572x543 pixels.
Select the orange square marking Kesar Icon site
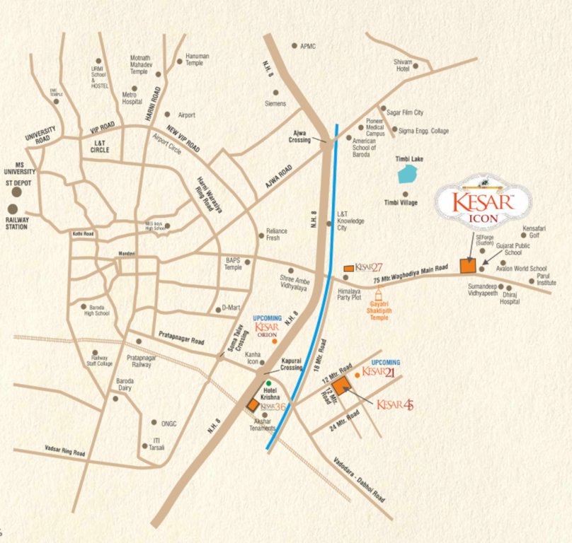(x=467, y=265)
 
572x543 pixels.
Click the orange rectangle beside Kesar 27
(x=348, y=269)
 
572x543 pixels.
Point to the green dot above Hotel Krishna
(x=268, y=383)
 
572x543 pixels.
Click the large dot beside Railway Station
(x=13, y=209)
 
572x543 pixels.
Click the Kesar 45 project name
(x=394, y=404)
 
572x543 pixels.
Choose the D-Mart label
(x=231, y=308)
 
